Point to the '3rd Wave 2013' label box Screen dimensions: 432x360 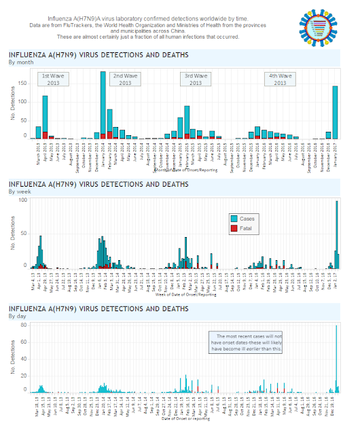[196, 79]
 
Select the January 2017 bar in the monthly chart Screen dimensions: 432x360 [335, 112]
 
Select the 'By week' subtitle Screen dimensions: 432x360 [20, 191]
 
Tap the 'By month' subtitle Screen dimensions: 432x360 [22, 62]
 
